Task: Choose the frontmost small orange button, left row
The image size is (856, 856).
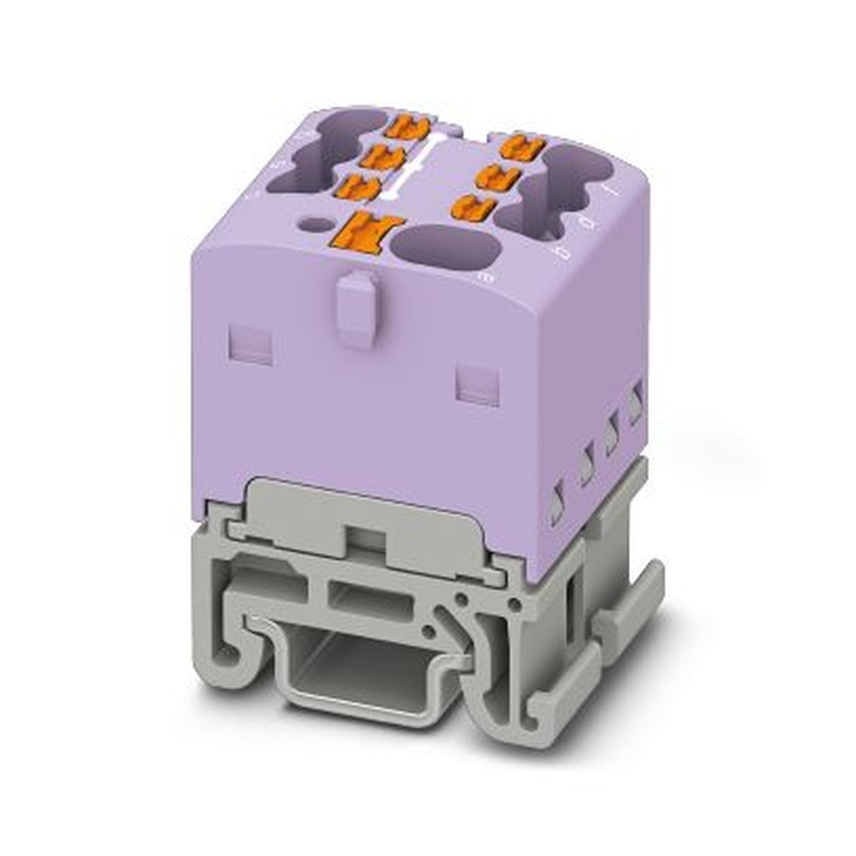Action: coord(359,186)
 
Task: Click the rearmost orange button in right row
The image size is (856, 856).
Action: coord(522,147)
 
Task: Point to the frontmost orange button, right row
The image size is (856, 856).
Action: coord(473,206)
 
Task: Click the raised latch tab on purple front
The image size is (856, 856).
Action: coord(356,307)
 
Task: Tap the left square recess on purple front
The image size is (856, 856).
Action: coord(251,343)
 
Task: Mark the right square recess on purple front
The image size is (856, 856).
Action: coord(477,383)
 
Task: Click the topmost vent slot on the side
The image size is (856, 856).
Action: coord(635,403)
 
